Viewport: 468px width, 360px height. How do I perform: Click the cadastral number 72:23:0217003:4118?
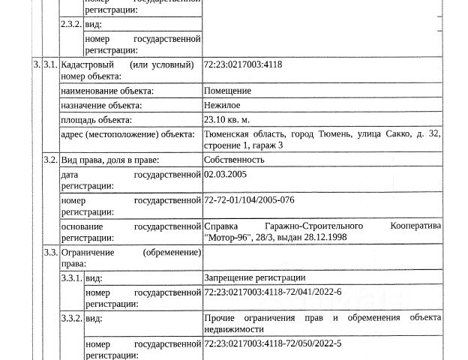click(x=242, y=65)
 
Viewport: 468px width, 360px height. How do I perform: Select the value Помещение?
click(x=227, y=91)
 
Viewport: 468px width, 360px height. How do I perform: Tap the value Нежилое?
click(x=222, y=105)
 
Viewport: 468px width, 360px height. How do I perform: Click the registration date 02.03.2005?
click(x=225, y=174)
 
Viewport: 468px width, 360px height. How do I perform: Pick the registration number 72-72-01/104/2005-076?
click(x=249, y=201)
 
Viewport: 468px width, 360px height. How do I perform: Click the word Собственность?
click(x=234, y=159)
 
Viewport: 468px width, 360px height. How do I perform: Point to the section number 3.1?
click(x=50, y=65)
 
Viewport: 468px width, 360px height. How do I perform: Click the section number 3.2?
click(x=50, y=159)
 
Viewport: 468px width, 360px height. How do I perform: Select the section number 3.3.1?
click(x=72, y=277)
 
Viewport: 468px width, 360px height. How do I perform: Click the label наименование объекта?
click(x=107, y=91)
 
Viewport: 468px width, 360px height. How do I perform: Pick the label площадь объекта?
click(x=97, y=119)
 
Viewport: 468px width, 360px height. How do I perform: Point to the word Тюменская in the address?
click(x=226, y=133)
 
